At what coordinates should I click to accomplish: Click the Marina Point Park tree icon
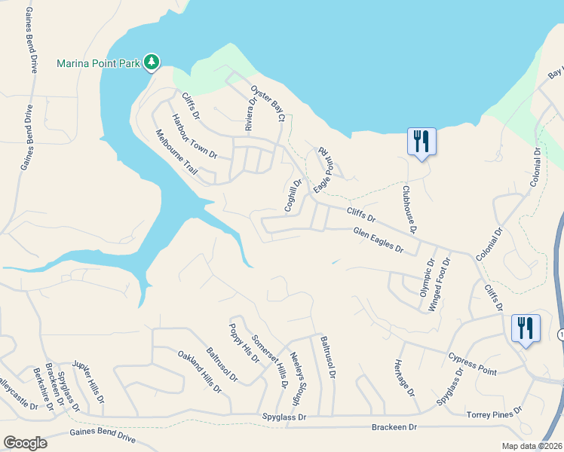click(x=152, y=62)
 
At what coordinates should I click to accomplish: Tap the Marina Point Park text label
click(x=99, y=63)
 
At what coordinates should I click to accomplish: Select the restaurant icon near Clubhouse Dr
click(x=421, y=142)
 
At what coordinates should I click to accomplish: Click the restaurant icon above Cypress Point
click(x=526, y=329)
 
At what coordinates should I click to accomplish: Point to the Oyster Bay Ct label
click(x=268, y=102)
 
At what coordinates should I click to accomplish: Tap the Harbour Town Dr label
click(x=194, y=136)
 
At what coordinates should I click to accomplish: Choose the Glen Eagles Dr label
click(x=379, y=240)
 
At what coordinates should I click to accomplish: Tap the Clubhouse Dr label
click(x=409, y=209)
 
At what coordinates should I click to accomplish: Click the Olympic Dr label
click(x=427, y=279)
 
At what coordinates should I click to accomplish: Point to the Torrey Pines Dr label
click(x=495, y=413)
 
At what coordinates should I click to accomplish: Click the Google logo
click(x=25, y=443)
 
